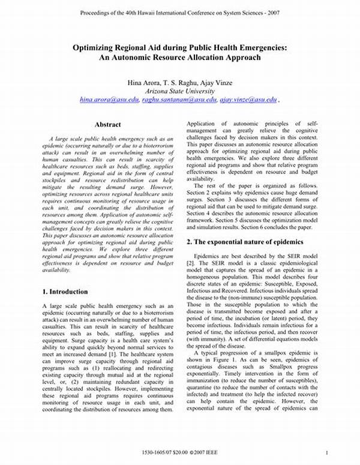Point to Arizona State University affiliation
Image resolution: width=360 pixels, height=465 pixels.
pyautogui.click(x=180, y=90)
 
